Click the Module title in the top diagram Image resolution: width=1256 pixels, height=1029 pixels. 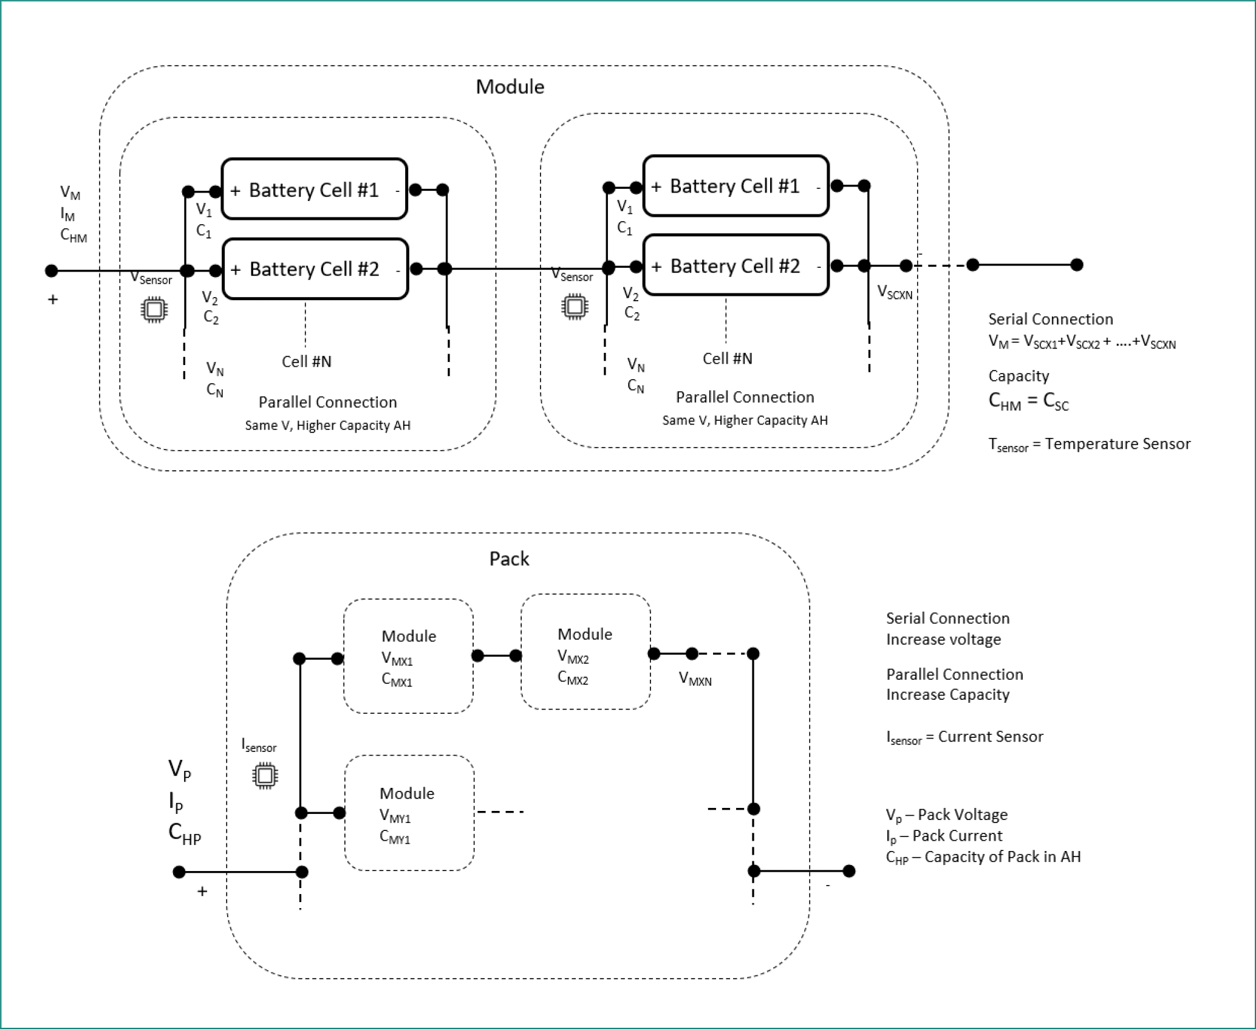click(510, 87)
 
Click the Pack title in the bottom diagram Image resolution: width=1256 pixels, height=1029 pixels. click(509, 559)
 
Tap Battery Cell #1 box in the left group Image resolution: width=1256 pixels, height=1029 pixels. click(314, 190)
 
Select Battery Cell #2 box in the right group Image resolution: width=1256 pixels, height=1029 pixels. click(736, 265)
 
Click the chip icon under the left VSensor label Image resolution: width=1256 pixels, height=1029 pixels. click(154, 310)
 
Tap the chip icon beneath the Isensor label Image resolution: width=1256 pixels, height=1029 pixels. click(265, 776)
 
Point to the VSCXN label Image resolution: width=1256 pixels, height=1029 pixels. click(895, 293)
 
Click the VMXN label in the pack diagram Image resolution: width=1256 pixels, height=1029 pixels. click(695, 679)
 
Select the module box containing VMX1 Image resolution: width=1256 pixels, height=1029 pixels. click(408, 657)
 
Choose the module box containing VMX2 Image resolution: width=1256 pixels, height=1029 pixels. click(585, 652)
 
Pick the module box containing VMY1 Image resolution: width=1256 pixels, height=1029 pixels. click(409, 813)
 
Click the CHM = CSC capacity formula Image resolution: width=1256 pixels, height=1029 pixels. click(1028, 402)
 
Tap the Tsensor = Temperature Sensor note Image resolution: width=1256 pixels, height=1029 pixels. click(1089, 445)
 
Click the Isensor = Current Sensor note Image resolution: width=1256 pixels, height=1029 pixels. click(964, 737)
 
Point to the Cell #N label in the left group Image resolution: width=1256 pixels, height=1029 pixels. click(306, 362)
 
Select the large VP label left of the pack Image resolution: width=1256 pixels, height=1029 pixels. click(179, 770)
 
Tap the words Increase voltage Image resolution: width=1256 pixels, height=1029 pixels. click(943, 640)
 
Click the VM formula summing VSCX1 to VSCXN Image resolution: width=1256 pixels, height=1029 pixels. click(1082, 342)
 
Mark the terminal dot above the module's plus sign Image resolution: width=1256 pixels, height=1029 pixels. click(52, 270)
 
